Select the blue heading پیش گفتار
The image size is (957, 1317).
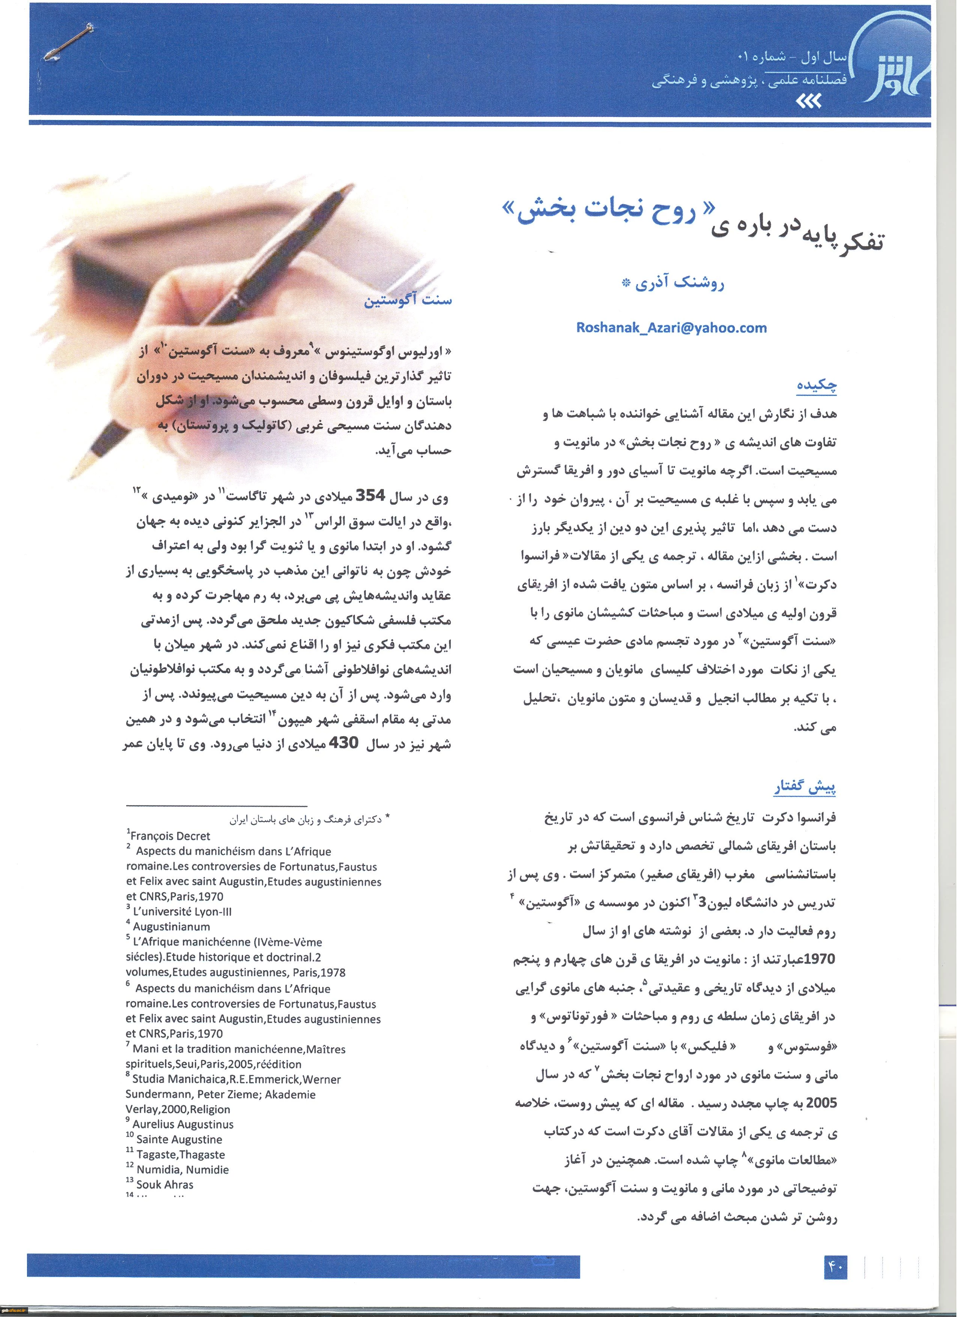805,788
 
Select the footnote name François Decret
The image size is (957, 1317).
170,836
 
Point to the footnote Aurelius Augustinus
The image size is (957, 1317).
182,1124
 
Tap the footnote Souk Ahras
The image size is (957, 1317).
164,1185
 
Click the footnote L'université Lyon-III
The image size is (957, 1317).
182,912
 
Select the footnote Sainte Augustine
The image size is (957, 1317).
179,1139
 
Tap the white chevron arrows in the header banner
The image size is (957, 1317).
807,102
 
